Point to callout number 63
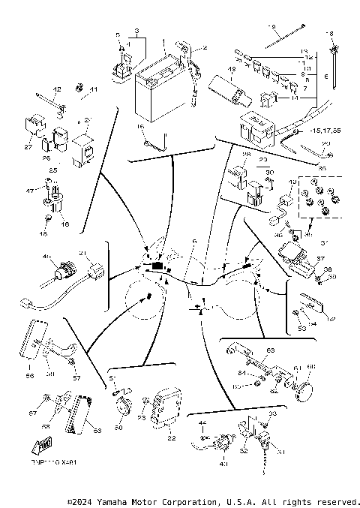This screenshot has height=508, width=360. (x=271, y=350)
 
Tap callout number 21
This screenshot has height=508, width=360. (x=82, y=253)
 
